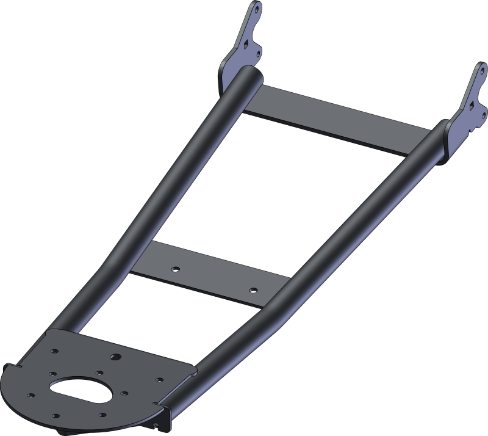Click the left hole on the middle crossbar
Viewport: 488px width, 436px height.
175,268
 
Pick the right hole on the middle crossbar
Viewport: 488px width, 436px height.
253,290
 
